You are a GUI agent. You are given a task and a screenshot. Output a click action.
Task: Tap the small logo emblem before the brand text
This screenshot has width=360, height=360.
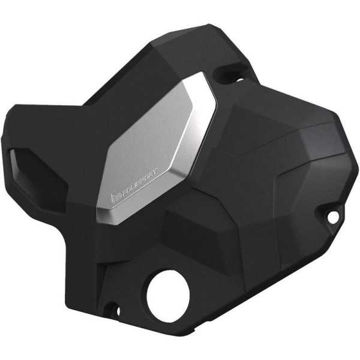coord(115,198)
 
